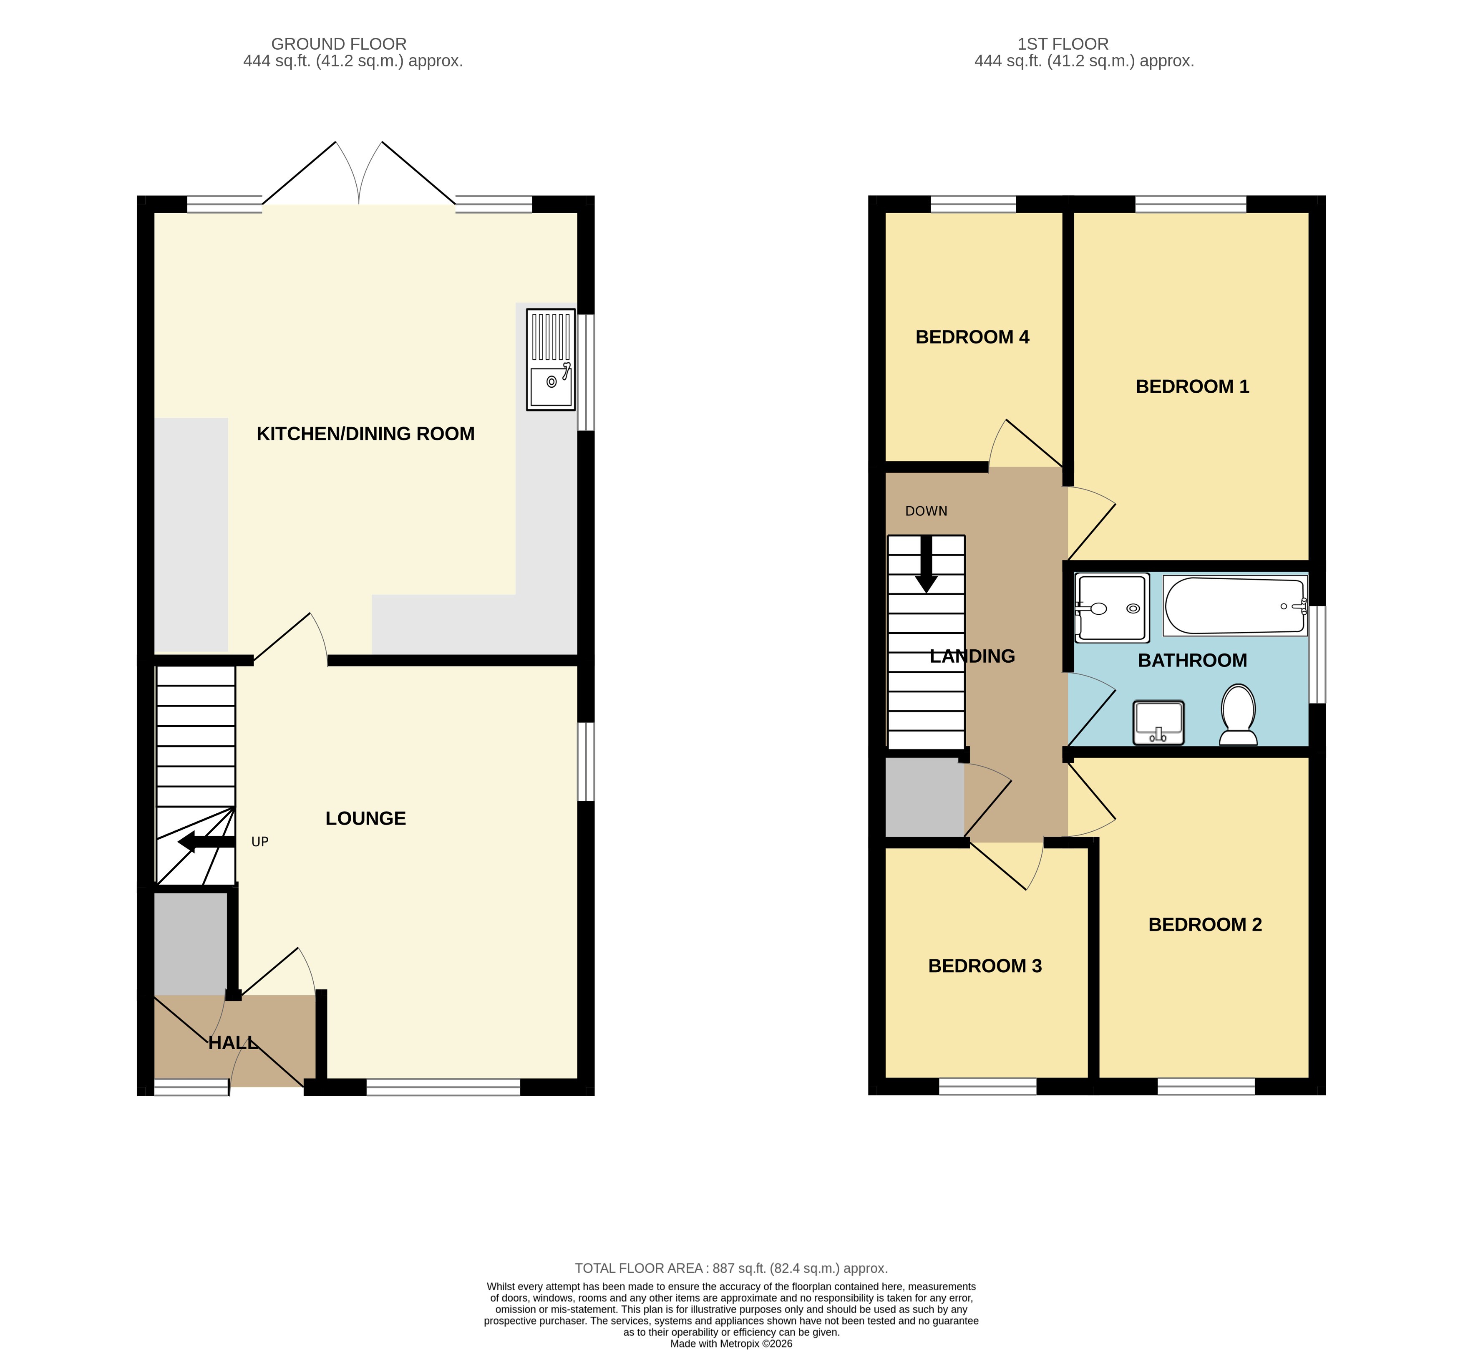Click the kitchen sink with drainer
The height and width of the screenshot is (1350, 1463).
pos(551,359)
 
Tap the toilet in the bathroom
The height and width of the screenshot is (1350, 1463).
pos(1238,714)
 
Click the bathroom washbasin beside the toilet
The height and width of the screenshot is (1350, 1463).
pos(1158,722)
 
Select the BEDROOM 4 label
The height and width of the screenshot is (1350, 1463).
pos(972,338)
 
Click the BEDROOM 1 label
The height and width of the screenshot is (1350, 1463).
pos(1192,386)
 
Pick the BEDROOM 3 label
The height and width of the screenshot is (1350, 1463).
pos(985,966)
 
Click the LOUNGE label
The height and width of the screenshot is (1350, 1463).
pos(365,818)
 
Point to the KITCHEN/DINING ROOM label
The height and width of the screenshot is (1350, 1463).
pos(365,434)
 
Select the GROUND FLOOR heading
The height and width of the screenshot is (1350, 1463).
pos(339,44)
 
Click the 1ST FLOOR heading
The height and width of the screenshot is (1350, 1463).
pos(1063,44)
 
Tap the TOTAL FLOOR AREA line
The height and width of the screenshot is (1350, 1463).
pos(731,1268)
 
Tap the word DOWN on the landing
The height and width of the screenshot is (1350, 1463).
pos(926,511)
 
